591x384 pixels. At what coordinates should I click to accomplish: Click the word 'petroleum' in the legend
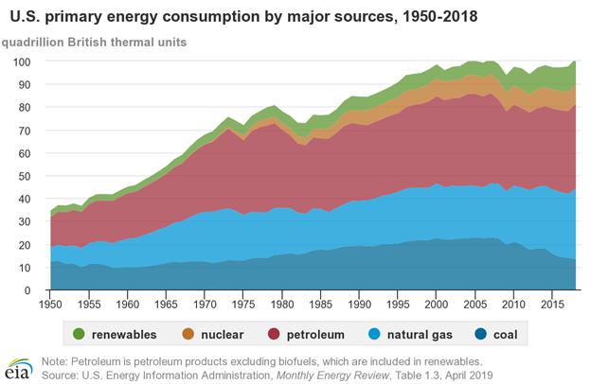(307, 334)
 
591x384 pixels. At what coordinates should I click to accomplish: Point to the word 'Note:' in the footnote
(57, 360)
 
